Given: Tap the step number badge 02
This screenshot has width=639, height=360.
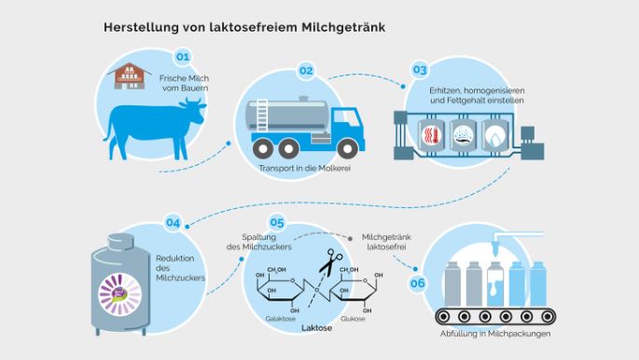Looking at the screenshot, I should click(x=305, y=71).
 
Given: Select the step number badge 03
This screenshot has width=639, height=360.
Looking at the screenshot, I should click(x=420, y=70).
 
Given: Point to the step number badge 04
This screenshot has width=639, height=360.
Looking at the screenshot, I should click(x=173, y=223).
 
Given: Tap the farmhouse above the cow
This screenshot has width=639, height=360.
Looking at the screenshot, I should click(x=133, y=76).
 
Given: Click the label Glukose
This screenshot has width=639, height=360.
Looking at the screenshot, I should click(x=352, y=318).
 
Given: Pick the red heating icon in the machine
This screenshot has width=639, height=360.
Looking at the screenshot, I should click(x=430, y=138).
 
